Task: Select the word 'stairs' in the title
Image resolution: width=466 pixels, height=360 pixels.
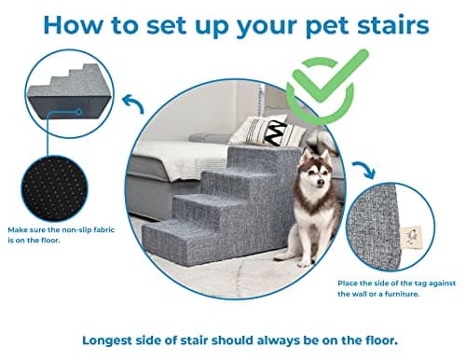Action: point(395,26)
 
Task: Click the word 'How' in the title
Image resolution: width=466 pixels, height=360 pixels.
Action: point(65,26)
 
